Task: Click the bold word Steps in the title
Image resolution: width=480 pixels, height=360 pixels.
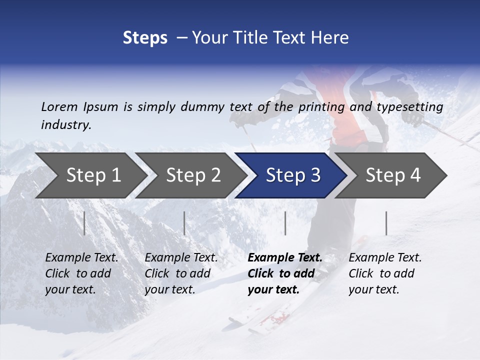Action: tap(145, 37)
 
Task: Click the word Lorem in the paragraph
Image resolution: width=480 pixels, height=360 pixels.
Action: tap(59, 106)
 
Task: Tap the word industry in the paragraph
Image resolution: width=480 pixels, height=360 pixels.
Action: tap(66, 124)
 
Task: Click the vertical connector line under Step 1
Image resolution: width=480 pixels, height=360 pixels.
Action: tap(84, 223)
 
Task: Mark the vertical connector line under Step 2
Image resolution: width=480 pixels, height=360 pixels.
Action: tap(184, 223)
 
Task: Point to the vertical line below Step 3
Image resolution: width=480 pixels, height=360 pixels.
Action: tap(285, 223)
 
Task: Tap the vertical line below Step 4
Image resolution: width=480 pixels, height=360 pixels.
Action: tap(386, 223)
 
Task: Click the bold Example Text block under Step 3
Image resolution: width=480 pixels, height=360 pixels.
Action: tap(285, 273)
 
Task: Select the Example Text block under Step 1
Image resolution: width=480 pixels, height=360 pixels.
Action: tap(81, 273)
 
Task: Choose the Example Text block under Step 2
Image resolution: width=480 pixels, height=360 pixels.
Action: tap(181, 273)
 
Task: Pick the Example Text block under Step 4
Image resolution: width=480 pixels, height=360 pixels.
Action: tap(385, 273)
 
